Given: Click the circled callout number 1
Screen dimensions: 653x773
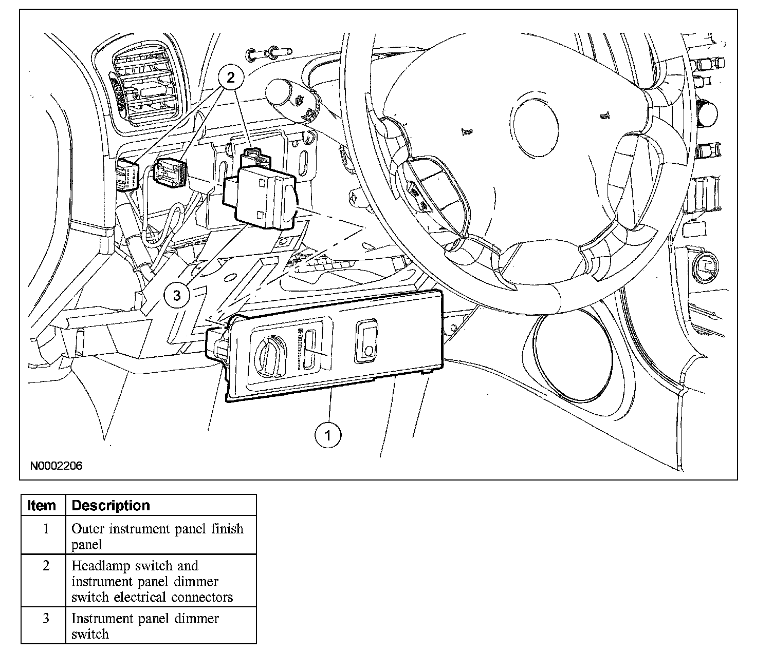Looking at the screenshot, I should (x=328, y=435).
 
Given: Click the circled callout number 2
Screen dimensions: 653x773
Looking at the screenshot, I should (x=230, y=78).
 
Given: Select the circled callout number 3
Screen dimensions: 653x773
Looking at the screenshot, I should (x=177, y=295).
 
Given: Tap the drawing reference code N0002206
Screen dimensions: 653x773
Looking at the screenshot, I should (x=56, y=466).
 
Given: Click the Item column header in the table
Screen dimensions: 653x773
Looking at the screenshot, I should (x=42, y=505).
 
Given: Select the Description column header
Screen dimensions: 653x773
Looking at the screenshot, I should (x=111, y=505).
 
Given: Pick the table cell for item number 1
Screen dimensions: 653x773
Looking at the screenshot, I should (x=46, y=529).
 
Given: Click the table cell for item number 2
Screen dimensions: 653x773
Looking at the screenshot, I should (x=46, y=566).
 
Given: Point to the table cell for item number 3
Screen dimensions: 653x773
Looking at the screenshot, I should (x=46, y=619).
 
